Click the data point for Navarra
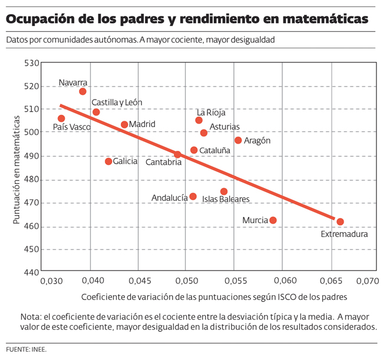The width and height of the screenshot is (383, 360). click(x=82, y=91)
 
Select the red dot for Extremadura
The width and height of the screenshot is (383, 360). click(x=340, y=222)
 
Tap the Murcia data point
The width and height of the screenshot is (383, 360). click(x=273, y=220)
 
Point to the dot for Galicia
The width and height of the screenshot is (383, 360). click(x=108, y=161)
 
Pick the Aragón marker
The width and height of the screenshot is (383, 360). click(x=238, y=140)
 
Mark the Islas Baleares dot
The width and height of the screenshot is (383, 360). click(x=224, y=191)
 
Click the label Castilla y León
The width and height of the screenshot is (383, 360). click(x=117, y=103)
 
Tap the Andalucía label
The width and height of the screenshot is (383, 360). click(x=169, y=198)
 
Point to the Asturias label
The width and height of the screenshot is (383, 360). click(x=224, y=127)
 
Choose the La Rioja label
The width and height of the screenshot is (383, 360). click(x=211, y=113)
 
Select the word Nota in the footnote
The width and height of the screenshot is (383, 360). click(x=31, y=315)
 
